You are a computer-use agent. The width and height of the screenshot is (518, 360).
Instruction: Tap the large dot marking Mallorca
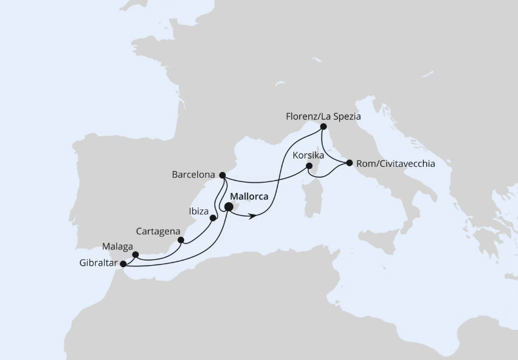(229, 207)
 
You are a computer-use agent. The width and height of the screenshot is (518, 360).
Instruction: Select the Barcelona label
(194, 175)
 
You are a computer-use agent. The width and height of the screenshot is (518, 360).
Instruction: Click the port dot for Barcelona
(223, 175)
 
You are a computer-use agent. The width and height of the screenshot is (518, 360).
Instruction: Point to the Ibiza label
(198, 212)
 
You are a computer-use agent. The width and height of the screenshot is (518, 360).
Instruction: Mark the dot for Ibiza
(213, 219)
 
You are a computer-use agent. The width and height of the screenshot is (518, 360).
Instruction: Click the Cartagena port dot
(181, 240)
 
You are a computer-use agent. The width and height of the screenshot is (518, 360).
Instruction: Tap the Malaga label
(117, 247)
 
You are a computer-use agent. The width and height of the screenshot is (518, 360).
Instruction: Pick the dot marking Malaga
(135, 255)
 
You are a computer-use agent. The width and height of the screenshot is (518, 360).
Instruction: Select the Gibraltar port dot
(123, 264)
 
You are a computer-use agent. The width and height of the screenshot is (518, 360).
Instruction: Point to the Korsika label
(309, 156)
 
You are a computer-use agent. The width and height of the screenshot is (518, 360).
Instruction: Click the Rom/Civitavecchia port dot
(350, 163)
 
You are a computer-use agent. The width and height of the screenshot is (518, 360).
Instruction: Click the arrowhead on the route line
(252, 215)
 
